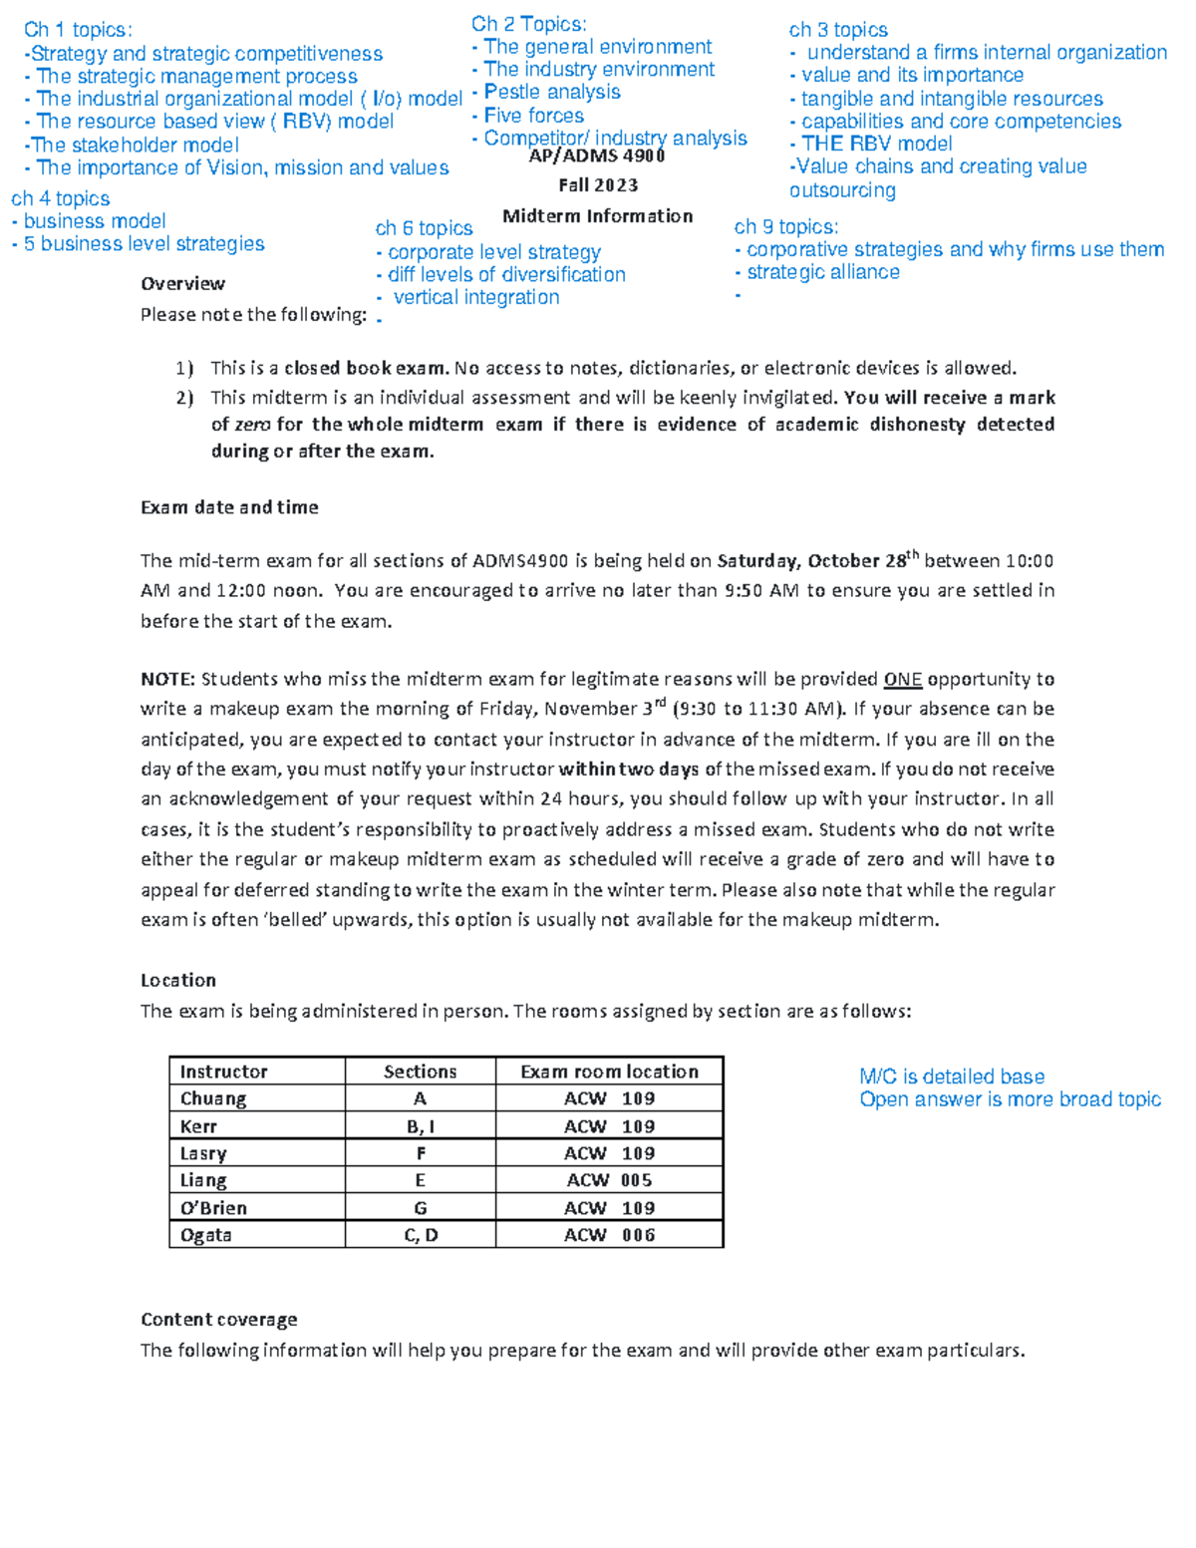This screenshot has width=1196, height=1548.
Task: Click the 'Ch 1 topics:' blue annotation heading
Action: [78, 30]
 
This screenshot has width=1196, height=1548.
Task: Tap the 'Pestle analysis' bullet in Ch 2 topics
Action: [551, 92]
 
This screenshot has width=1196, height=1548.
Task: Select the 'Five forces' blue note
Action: [533, 116]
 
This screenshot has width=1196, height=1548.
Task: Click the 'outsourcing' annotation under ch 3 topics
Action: [842, 190]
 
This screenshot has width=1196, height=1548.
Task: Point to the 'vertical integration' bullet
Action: [475, 297]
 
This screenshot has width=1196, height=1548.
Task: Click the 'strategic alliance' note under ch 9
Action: [822, 272]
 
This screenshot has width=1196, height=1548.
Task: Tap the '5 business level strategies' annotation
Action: [144, 244]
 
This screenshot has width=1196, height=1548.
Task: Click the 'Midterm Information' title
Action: [597, 216]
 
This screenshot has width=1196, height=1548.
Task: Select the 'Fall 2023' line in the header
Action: [598, 185]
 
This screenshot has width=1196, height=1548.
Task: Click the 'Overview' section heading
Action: [182, 284]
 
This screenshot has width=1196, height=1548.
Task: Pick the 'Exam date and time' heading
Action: [229, 507]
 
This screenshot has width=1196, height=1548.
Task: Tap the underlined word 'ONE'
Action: [902, 680]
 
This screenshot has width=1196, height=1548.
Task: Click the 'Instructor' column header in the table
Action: [223, 1072]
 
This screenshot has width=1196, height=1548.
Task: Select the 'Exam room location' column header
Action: [609, 1072]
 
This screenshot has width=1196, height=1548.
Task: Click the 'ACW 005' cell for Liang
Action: [609, 1180]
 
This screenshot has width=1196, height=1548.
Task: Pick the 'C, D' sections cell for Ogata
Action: [421, 1235]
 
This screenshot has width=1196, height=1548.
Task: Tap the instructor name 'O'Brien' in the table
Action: [213, 1208]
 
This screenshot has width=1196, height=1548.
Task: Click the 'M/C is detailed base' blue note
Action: [952, 1077]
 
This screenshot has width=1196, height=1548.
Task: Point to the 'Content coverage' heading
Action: [218, 1320]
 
